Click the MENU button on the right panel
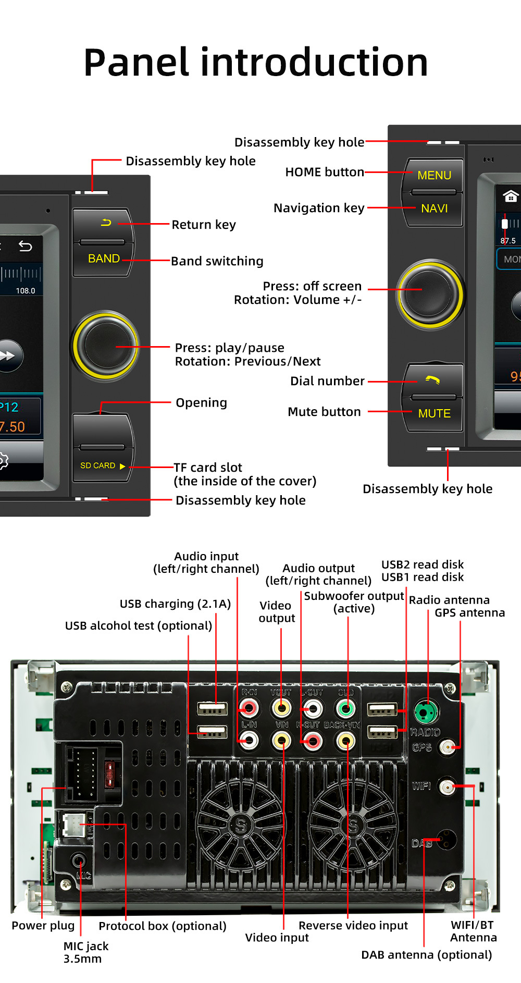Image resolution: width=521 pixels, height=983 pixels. [x=434, y=176]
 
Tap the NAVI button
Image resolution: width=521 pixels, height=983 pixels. [x=434, y=208]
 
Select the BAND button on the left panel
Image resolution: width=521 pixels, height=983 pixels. [x=104, y=259]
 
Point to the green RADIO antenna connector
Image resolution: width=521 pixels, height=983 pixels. [x=427, y=712]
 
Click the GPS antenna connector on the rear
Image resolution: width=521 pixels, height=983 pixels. [x=447, y=747]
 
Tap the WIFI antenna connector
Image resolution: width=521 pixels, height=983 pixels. [x=447, y=787]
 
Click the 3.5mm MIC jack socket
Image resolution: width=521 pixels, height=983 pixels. [x=79, y=860]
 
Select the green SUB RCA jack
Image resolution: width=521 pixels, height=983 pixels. [x=345, y=708]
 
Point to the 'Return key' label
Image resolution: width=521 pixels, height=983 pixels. [x=204, y=225]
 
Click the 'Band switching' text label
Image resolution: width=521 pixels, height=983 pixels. [x=217, y=261]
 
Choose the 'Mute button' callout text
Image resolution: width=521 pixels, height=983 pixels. [x=324, y=412]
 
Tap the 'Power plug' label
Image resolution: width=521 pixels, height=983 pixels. [x=43, y=926]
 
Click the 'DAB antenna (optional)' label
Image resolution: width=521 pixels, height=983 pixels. [x=427, y=955]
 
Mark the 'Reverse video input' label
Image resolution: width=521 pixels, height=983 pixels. [x=353, y=926]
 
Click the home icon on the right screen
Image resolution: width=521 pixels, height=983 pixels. [x=510, y=196]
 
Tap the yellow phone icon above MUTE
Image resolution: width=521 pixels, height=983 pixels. [x=432, y=380]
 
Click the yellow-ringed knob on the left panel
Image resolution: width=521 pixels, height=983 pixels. [x=106, y=345]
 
